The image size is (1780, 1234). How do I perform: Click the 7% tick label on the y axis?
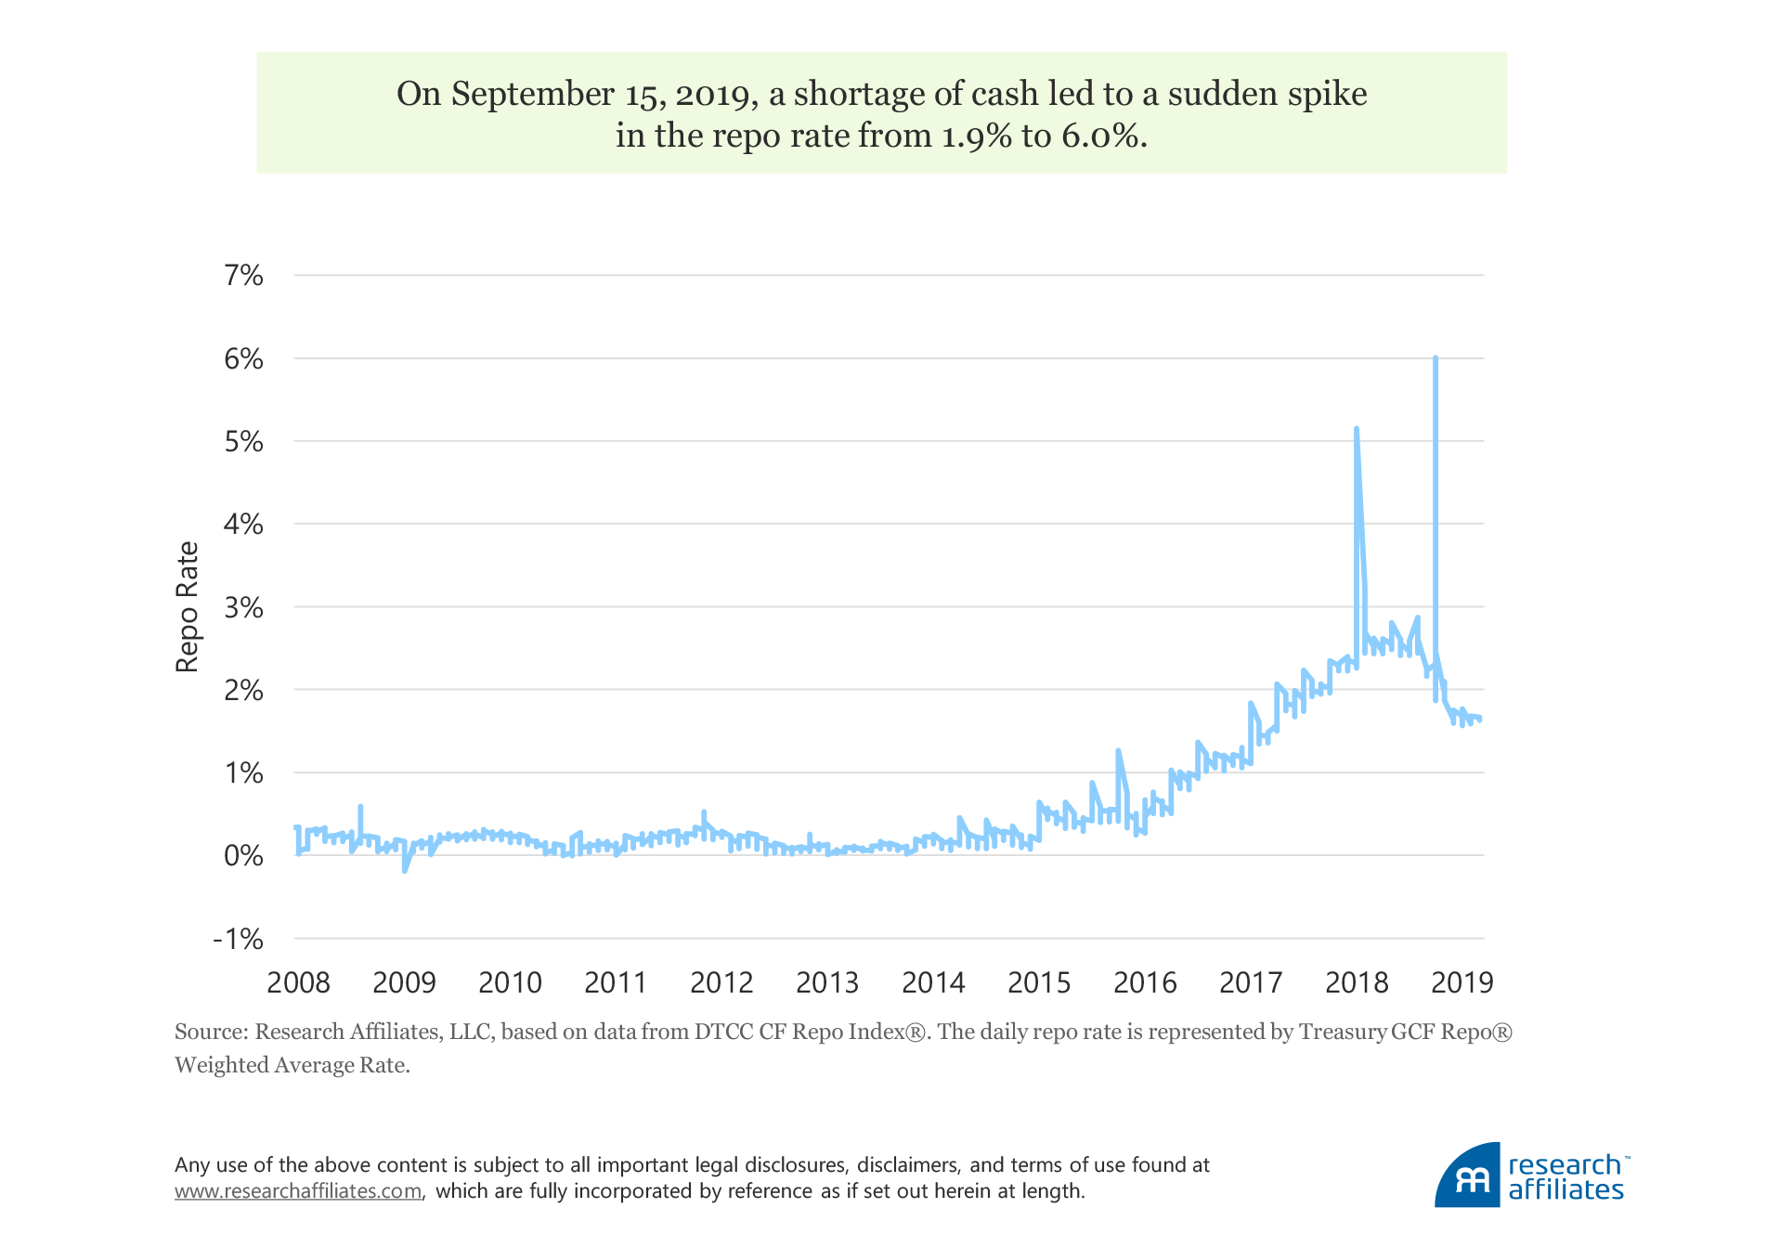point(243,276)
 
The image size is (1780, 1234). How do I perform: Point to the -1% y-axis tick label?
point(239,940)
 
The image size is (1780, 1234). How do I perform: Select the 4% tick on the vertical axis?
point(243,525)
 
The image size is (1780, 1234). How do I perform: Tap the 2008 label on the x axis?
point(298,982)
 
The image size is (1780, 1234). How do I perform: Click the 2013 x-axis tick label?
point(827,982)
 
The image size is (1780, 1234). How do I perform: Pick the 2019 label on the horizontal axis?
point(1462,982)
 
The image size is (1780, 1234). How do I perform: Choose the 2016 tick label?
point(1145,982)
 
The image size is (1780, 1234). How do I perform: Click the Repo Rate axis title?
point(188,606)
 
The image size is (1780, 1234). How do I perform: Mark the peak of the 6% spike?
point(1436,358)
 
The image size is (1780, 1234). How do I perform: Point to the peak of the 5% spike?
point(1357,429)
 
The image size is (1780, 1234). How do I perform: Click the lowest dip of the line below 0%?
point(404,870)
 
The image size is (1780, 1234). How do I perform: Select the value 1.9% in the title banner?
point(976,136)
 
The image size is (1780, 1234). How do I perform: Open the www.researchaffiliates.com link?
point(298,1191)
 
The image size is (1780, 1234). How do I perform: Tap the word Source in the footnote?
point(210,1032)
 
